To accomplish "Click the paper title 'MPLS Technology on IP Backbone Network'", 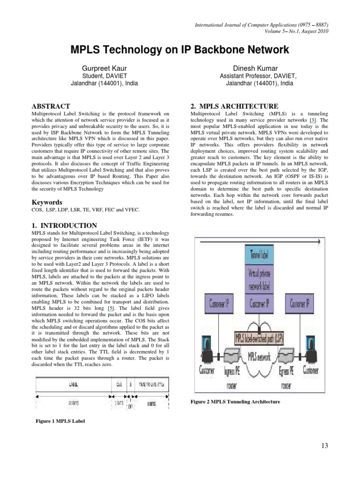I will click(x=180, y=50).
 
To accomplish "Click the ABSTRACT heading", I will click(x=51, y=106).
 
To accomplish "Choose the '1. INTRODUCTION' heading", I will click(x=64, y=225).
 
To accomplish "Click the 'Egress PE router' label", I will click(x=287, y=375).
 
